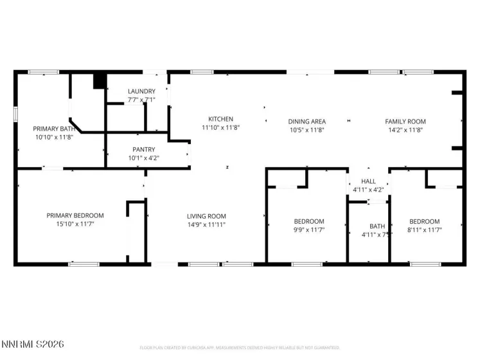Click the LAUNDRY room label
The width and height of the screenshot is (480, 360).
(141, 91)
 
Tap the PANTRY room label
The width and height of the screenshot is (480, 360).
(143, 149)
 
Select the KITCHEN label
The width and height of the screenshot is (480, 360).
(220, 119)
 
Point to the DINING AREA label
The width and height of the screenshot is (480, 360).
(307, 122)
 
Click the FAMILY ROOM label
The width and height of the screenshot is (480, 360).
(405, 122)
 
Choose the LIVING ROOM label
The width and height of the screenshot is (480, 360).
(206, 216)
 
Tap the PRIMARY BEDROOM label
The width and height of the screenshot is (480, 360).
(75, 215)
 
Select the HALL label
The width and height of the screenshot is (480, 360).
(368, 181)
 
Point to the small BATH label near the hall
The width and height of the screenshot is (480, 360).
(377, 226)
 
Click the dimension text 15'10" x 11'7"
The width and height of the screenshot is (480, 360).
(75, 224)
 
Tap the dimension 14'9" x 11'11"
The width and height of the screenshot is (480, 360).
(206, 224)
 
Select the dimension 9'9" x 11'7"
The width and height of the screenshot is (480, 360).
(308, 230)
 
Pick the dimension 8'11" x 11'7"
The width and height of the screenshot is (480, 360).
(424, 230)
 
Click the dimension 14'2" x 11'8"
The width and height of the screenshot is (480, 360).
(405, 130)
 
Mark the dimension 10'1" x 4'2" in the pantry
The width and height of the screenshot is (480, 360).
(143, 157)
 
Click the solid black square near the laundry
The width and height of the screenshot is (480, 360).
(100, 82)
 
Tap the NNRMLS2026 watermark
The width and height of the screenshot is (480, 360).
(33, 345)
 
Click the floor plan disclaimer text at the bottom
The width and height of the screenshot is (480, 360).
(239, 348)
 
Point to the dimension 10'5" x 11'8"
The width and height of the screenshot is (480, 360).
(307, 130)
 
